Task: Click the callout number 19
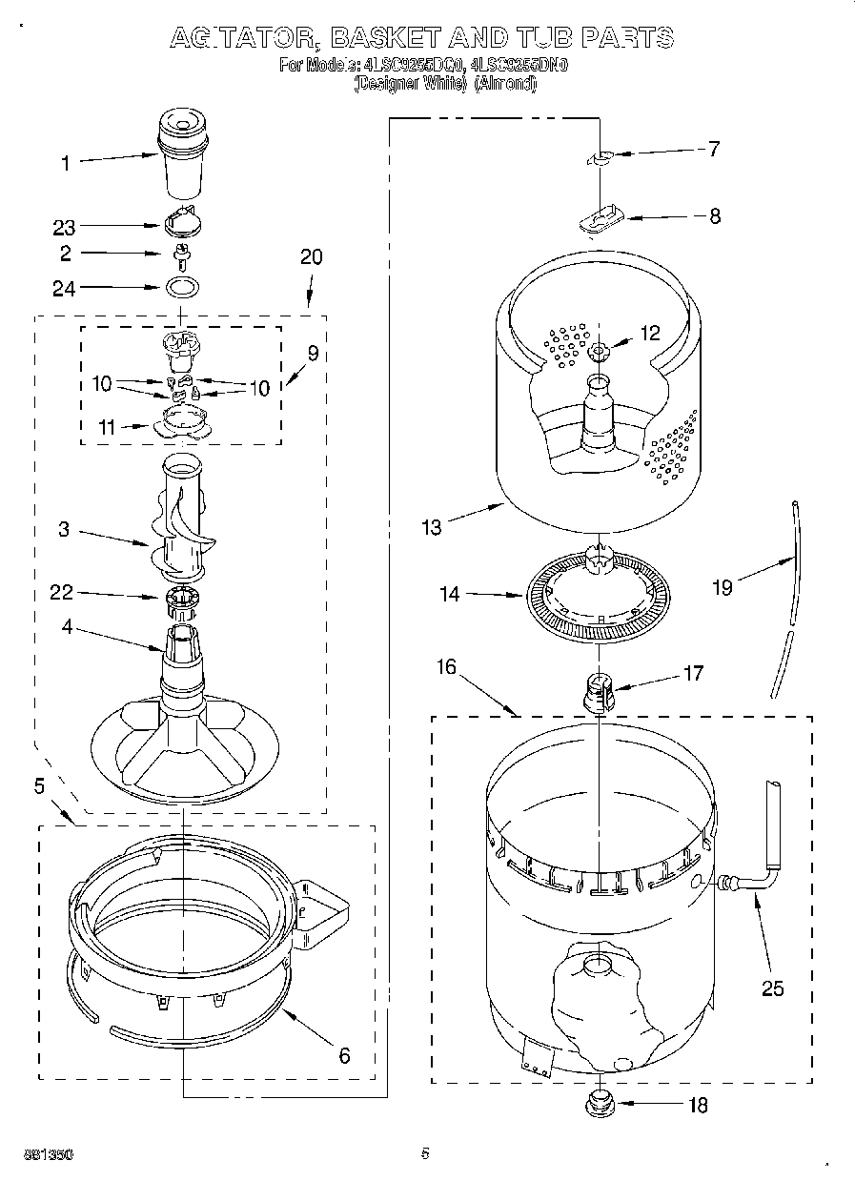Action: [722, 587]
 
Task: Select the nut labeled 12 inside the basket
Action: [599, 352]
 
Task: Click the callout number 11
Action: [107, 428]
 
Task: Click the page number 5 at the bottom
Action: [425, 1154]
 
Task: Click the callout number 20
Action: [311, 256]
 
